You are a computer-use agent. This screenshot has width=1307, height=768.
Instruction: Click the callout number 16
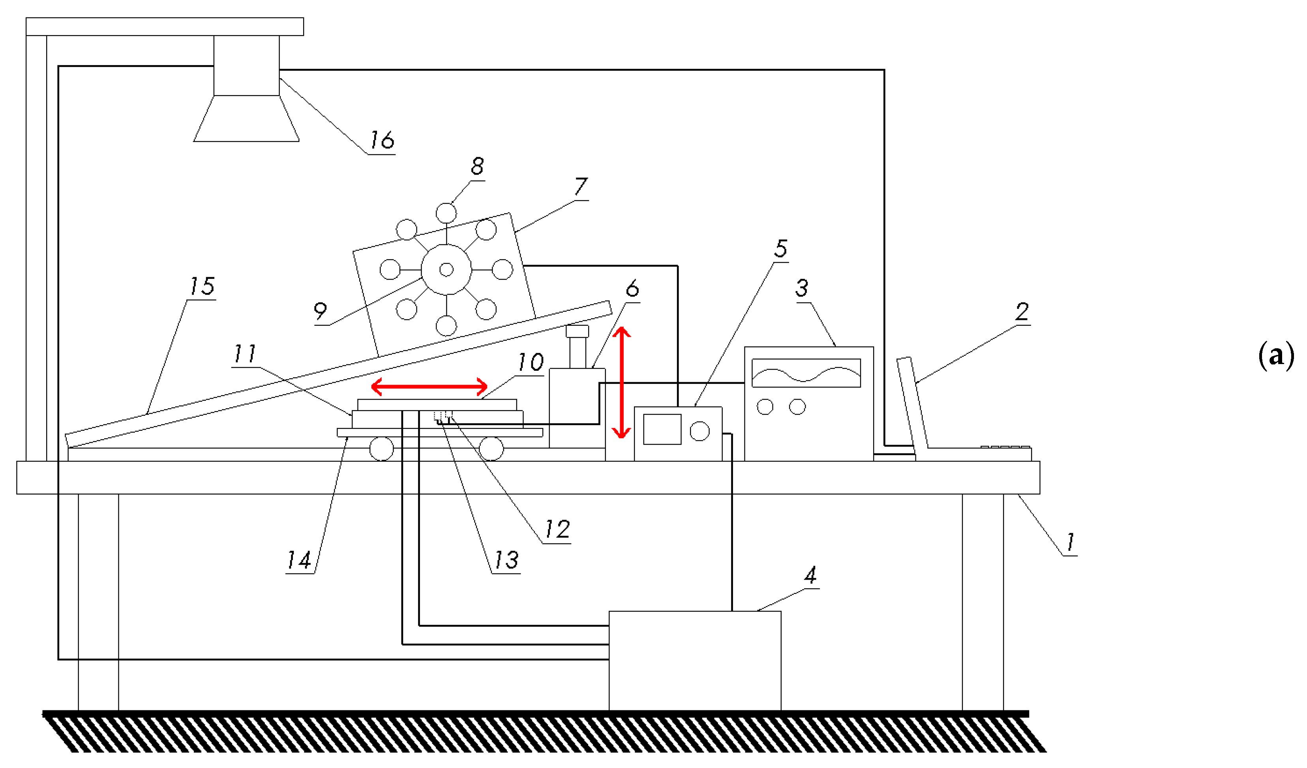pyautogui.click(x=382, y=140)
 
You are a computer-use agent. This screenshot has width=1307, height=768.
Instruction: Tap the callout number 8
pyautogui.click(x=477, y=166)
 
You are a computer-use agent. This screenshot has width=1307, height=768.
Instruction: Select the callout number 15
pyautogui.click(x=202, y=286)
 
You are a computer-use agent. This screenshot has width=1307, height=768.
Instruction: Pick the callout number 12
pyautogui.click(x=557, y=529)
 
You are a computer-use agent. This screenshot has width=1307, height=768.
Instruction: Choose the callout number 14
pyautogui.click(x=299, y=560)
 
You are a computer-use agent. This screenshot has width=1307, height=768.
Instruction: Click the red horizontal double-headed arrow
pyautogui.click(x=429, y=387)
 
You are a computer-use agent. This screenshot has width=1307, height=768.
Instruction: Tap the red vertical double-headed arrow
pyautogui.click(x=621, y=383)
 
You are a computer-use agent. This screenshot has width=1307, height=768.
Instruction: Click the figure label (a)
pyautogui.click(x=1275, y=355)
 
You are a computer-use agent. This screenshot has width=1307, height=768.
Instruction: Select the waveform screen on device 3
pyautogui.click(x=806, y=373)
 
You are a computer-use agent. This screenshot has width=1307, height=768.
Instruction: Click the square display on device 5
pyautogui.click(x=662, y=429)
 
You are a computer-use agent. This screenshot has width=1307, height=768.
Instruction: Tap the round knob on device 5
pyautogui.click(x=699, y=431)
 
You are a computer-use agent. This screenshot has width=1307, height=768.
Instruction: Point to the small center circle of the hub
pyautogui.click(x=446, y=269)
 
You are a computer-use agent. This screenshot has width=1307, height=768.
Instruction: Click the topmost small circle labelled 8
pyautogui.click(x=446, y=213)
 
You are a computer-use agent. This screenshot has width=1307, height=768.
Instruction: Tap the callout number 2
pyautogui.click(x=1022, y=312)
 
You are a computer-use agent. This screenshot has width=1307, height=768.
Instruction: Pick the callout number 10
pyautogui.click(x=531, y=362)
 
